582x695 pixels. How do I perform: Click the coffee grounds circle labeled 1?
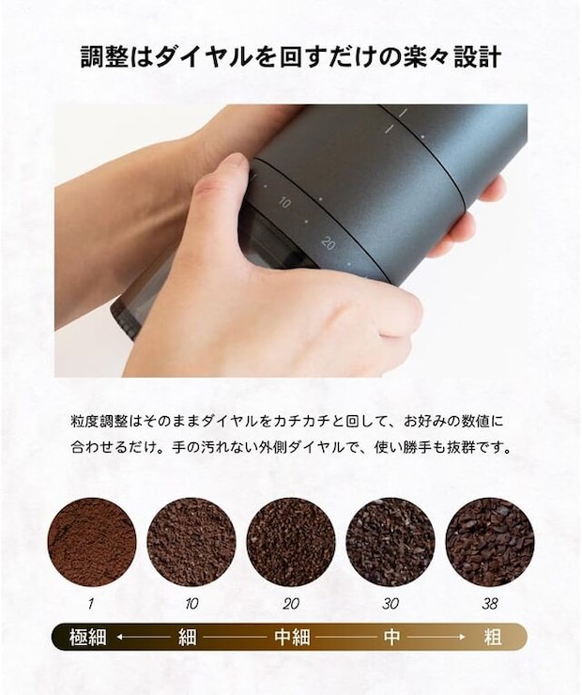(92, 543)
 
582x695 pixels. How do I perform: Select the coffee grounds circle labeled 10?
(191, 543)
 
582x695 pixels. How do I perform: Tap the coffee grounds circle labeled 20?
(291, 543)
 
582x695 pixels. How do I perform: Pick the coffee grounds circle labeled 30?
(391, 543)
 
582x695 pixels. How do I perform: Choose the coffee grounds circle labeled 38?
(490, 543)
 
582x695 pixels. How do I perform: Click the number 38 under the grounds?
(490, 605)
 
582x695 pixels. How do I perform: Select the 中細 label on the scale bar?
(291, 638)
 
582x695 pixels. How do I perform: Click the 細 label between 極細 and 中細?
(188, 638)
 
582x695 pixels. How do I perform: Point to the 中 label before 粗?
(392, 638)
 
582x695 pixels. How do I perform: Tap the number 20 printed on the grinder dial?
(328, 242)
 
